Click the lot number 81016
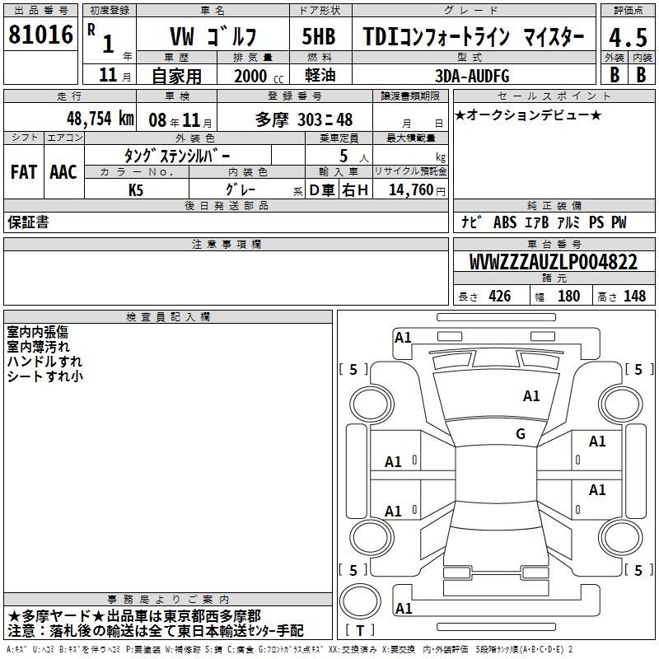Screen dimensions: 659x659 [x=40, y=35]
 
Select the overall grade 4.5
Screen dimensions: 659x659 [x=628, y=37]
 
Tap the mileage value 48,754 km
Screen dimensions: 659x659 [x=100, y=119]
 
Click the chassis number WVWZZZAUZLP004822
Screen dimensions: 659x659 [x=553, y=262]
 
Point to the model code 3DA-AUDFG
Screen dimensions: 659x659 [x=472, y=76]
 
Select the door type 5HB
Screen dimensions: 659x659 [x=319, y=36]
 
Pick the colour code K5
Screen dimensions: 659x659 [x=136, y=190]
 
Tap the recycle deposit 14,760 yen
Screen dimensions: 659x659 [x=417, y=190]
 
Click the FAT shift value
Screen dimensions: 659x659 [x=24, y=172]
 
